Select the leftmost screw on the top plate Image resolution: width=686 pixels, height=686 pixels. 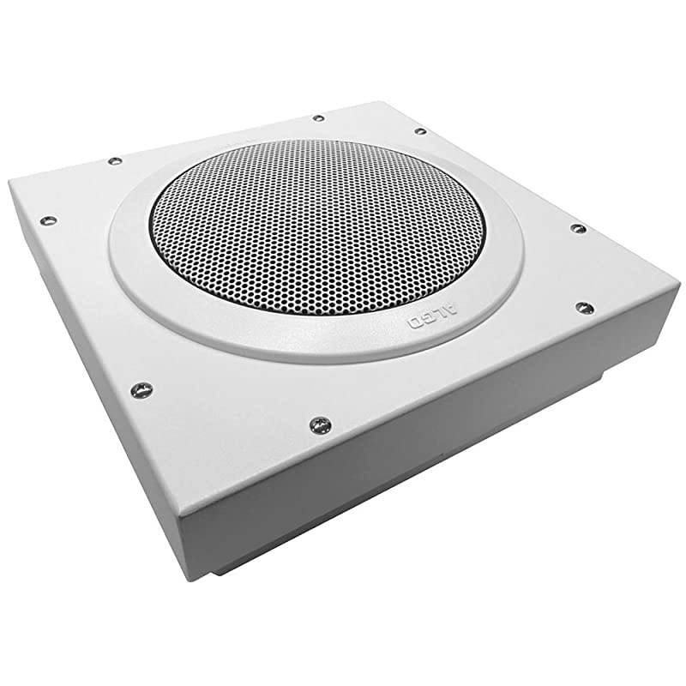click(49, 220)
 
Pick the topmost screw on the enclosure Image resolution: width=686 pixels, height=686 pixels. click(317, 117)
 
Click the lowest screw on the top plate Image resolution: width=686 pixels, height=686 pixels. click(319, 424)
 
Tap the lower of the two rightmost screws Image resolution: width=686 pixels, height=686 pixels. click(585, 306)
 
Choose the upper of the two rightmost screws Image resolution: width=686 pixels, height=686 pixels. click(578, 229)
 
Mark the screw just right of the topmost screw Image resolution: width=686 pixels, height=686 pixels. click(419, 131)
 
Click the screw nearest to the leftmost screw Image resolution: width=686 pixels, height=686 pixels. click(115, 160)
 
